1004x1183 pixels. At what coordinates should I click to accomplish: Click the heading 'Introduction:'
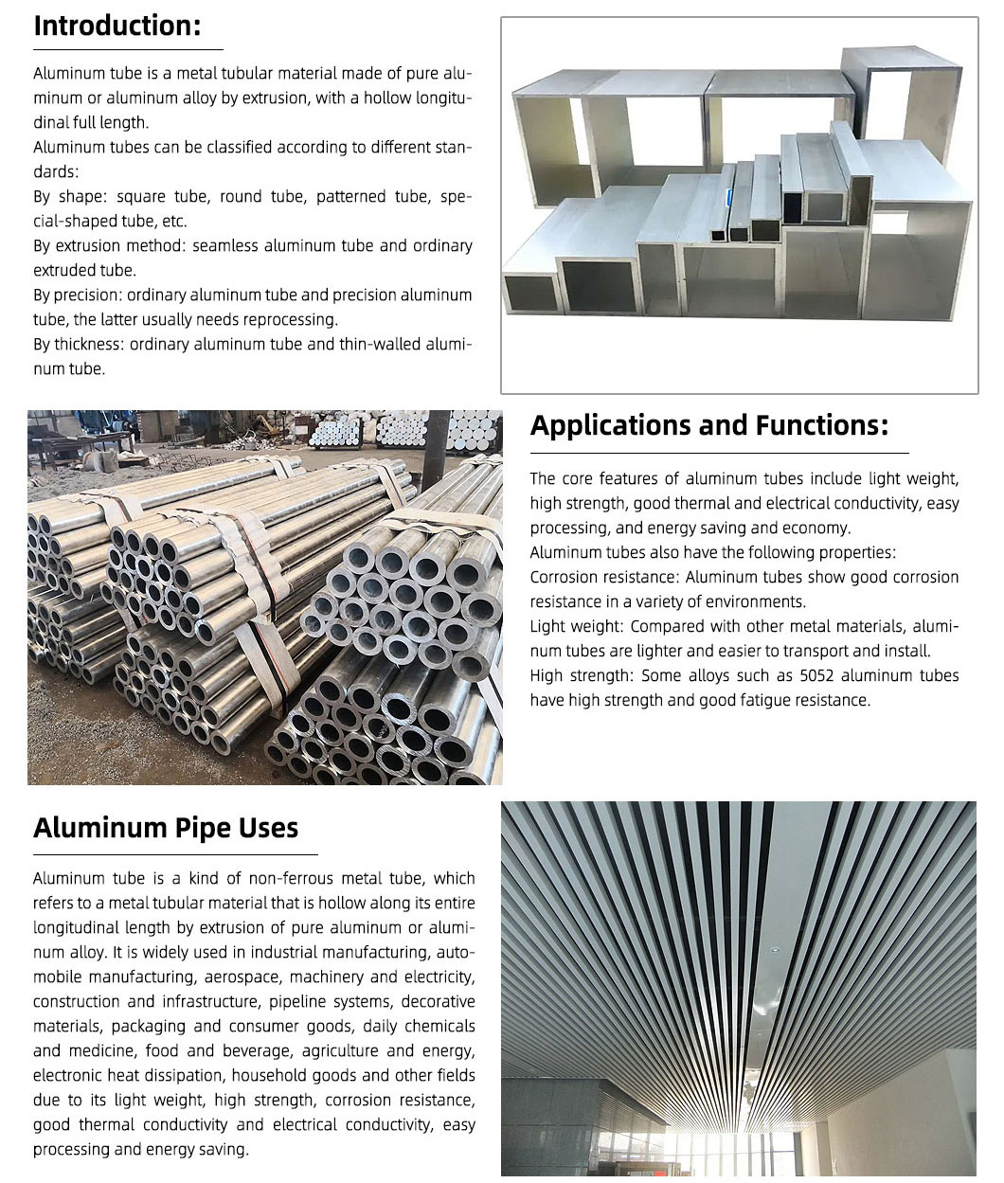point(117,26)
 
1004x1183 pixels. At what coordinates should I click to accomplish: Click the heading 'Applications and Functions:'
point(708,425)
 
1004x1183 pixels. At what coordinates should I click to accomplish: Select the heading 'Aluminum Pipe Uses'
point(166,828)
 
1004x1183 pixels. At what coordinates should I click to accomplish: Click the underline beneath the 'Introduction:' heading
point(128,48)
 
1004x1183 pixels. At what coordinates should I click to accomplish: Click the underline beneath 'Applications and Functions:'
point(719,453)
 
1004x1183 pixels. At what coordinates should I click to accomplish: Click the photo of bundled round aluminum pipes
point(265,597)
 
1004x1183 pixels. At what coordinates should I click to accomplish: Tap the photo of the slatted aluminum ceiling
point(739,990)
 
